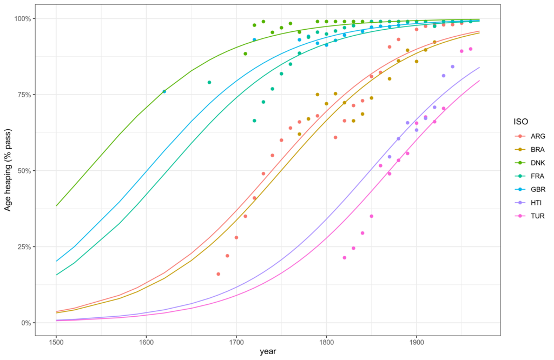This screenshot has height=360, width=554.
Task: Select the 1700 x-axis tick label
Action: [x=236, y=342]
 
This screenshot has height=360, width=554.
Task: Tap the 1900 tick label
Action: [x=416, y=342]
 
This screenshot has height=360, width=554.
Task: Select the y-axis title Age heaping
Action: [x=8, y=170]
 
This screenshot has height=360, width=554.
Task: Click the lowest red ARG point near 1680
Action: [x=218, y=274]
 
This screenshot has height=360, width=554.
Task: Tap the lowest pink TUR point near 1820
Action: [x=344, y=258]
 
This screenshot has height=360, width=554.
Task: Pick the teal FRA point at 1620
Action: [x=164, y=91]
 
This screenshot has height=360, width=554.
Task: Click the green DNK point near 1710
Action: [x=245, y=54]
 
